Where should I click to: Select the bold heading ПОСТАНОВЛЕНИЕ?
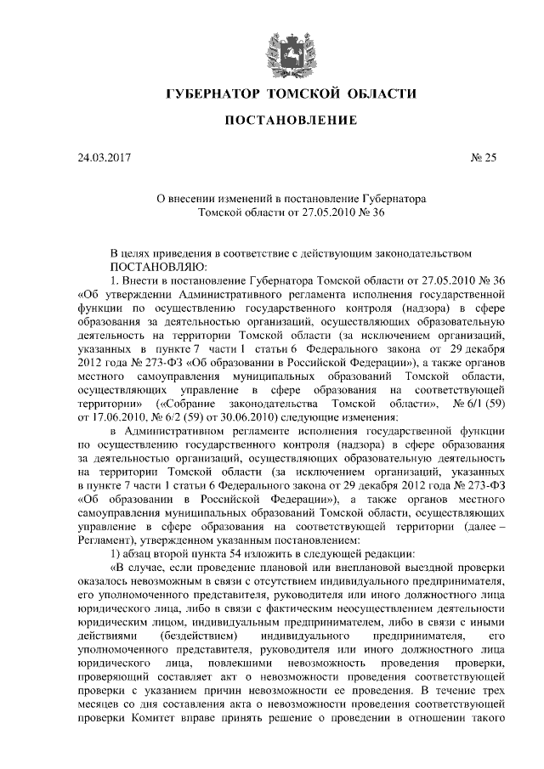point(290,121)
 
